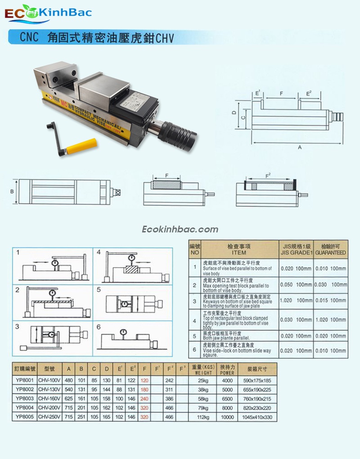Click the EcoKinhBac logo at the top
(x=48, y=13)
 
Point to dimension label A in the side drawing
(x=299, y=147)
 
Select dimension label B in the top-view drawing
(x=12, y=191)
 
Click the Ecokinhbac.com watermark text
(x=180, y=229)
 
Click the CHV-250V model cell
(x=49, y=418)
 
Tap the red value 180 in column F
(x=144, y=389)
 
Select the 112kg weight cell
(x=203, y=418)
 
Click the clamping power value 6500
(x=227, y=399)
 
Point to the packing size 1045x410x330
(x=257, y=418)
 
